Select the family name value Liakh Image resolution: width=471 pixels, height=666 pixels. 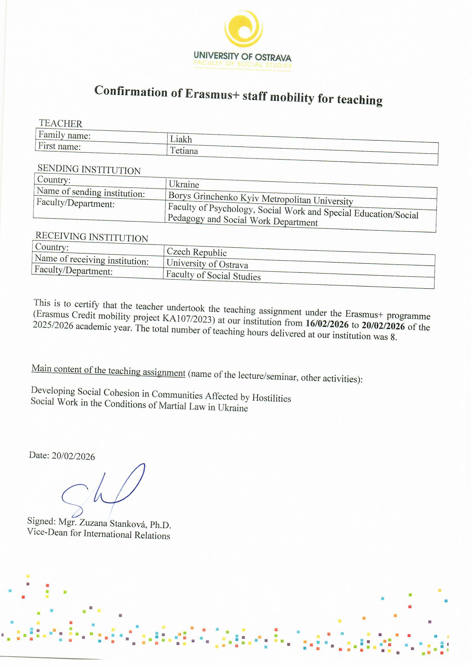pyautogui.click(x=181, y=139)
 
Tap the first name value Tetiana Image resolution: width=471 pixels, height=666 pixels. pyautogui.click(x=184, y=150)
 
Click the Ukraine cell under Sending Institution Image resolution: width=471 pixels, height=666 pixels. pyautogui.click(x=184, y=184)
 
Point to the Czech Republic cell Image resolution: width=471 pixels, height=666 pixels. pyautogui.click(x=197, y=252)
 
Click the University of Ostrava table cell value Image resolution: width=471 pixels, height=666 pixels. pyautogui.click(x=207, y=264)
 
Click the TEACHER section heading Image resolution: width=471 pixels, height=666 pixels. pyautogui.click(x=61, y=123)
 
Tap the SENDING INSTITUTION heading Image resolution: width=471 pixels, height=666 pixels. pyautogui.click(x=89, y=169)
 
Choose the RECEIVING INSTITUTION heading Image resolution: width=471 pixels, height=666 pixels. pyautogui.click(x=92, y=237)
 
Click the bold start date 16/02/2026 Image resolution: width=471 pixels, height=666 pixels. pyautogui.click(x=327, y=324)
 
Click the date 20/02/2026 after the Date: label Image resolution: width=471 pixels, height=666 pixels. pyautogui.click(x=73, y=456)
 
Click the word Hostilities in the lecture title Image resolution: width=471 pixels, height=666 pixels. pyautogui.click(x=271, y=398)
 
